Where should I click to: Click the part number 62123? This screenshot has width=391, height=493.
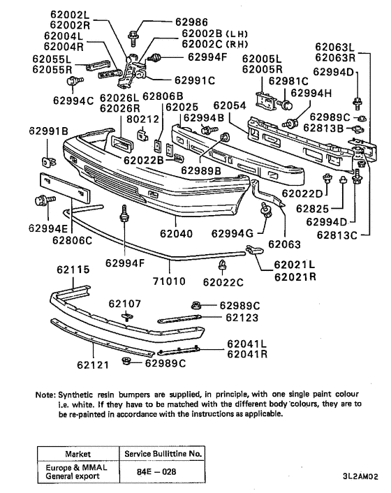point(242,318)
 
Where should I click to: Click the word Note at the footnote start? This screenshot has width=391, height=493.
point(45,394)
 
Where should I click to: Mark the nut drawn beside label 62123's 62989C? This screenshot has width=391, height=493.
point(198,304)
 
